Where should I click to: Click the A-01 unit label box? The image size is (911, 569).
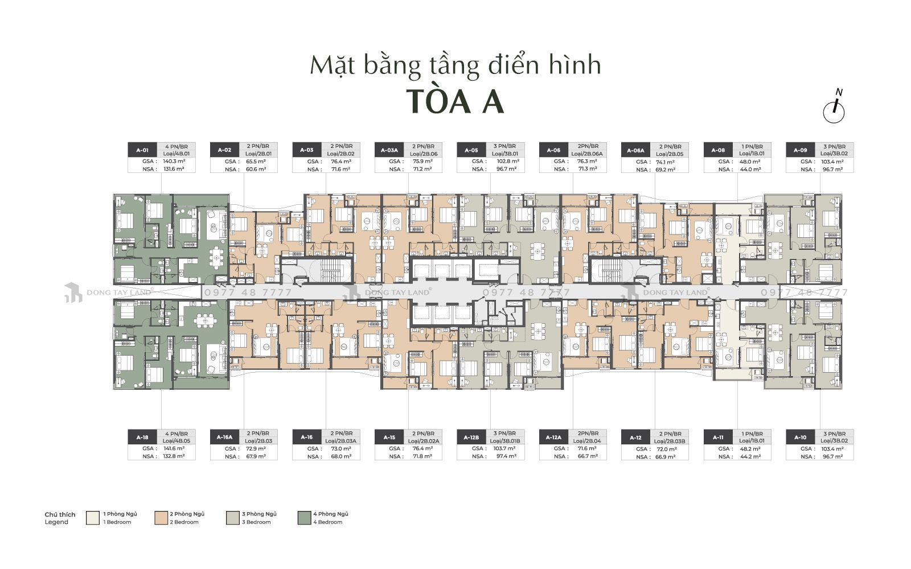click(x=142, y=150)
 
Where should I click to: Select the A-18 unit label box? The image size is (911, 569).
click(x=142, y=438)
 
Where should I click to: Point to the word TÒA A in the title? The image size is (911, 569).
click(x=455, y=102)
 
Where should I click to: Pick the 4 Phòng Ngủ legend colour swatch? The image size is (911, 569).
click(x=305, y=517)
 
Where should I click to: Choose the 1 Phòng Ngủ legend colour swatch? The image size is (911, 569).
click(x=93, y=517)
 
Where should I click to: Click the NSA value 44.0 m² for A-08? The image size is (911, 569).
click(x=749, y=170)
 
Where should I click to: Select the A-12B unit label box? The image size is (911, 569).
click(x=471, y=438)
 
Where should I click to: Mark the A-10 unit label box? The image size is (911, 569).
click(x=799, y=438)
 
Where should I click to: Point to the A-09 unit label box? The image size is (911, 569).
click(x=799, y=150)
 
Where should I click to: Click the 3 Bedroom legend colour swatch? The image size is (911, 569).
click(x=233, y=517)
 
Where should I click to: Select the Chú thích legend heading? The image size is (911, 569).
click(x=60, y=514)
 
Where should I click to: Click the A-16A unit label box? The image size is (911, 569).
click(x=224, y=438)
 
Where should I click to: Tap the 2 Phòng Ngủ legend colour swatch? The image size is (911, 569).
click(x=162, y=517)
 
